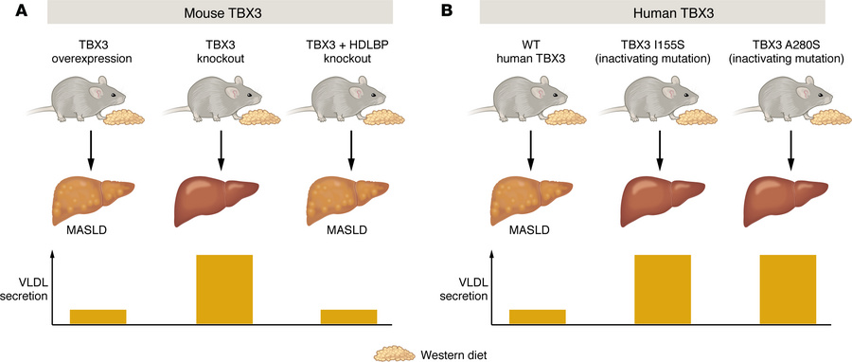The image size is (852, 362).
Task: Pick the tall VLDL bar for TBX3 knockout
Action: tap(224, 289)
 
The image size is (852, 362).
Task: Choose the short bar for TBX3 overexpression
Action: tap(98, 317)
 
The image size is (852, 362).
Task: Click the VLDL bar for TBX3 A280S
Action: tap(788, 289)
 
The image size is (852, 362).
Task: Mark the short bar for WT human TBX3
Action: tap(538, 317)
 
